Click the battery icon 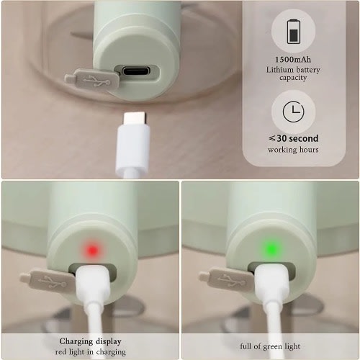(294, 32)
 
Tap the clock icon (293, 112)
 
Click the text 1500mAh (293, 59)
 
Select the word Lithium (279, 70)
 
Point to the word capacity (293, 78)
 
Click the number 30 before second (282, 138)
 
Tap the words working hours (293, 150)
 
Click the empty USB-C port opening (136, 71)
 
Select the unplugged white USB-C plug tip (135, 118)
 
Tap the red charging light (93, 251)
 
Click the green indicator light (271, 250)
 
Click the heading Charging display (90, 341)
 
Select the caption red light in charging (91, 352)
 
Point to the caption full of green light (270, 346)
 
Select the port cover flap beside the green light (227, 279)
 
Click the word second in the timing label (304, 138)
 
